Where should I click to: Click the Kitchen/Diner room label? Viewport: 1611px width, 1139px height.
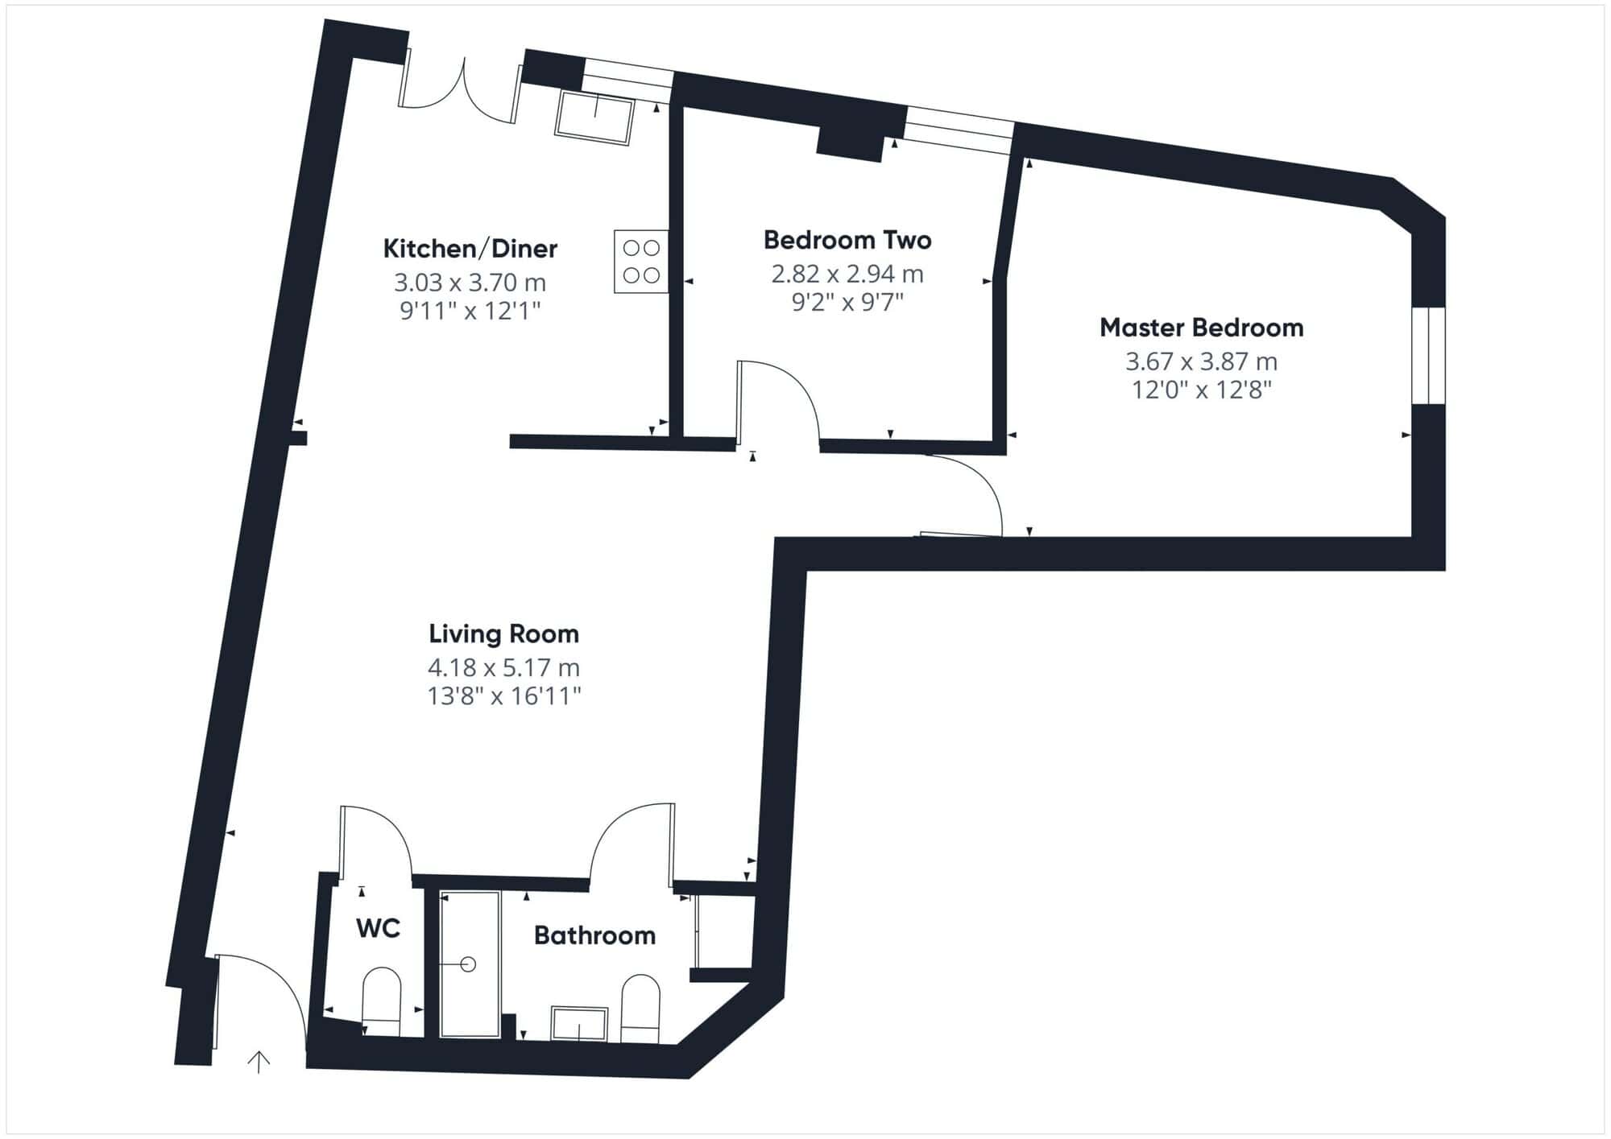pyautogui.click(x=470, y=249)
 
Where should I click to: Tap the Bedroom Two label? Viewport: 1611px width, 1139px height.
pyautogui.click(x=847, y=240)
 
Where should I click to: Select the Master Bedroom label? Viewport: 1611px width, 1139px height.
pyautogui.click(x=1202, y=328)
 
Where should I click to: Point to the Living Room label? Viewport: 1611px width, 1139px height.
pyautogui.click(x=504, y=634)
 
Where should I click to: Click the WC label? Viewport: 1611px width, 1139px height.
pyautogui.click(x=379, y=928)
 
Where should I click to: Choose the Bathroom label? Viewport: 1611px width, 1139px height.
pyautogui.click(x=594, y=935)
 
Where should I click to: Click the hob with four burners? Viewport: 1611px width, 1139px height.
pyautogui.click(x=641, y=262)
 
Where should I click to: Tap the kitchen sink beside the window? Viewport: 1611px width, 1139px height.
pyautogui.click(x=594, y=118)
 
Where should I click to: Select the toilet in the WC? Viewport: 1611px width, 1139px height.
pyautogui.click(x=382, y=1001)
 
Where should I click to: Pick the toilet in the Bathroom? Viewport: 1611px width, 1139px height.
pyautogui.click(x=640, y=1009)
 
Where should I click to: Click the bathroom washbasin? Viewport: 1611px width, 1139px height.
pyautogui.click(x=579, y=1023)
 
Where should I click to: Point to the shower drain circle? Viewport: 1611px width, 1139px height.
pyautogui.click(x=469, y=964)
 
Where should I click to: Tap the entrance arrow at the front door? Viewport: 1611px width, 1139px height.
pyautogui.click(x=259, y=1062)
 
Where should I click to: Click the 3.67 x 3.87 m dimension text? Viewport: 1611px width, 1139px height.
pyautogui.click(x=1202, y=361)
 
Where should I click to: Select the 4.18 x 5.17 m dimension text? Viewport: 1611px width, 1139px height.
pyautogui.click(x=504, y=667)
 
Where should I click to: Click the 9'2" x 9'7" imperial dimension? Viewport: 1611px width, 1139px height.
pyautogui.click(x=847, y=302)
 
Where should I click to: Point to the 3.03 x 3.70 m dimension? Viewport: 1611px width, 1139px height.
pyautogui.click(x=470, y=283)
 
